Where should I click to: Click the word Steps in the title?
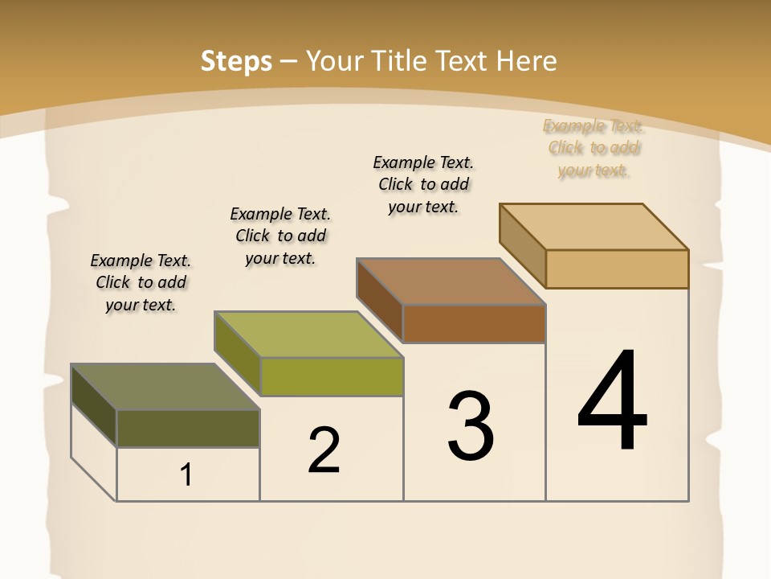236,61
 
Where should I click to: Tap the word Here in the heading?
526,61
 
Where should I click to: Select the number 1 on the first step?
186,475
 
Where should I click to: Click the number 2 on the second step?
324,450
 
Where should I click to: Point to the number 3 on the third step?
471,426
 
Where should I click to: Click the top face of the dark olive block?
165,387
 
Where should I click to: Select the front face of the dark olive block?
188,429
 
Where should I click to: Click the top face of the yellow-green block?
308,335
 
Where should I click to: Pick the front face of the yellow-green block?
332,377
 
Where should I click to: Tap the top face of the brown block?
451,281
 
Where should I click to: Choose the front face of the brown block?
474,324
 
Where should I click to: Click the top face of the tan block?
594,227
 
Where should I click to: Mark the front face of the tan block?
617,269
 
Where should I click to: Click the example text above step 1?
141,282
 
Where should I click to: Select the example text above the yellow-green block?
280,236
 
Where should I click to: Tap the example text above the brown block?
423,184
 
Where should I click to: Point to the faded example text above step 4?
594,148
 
